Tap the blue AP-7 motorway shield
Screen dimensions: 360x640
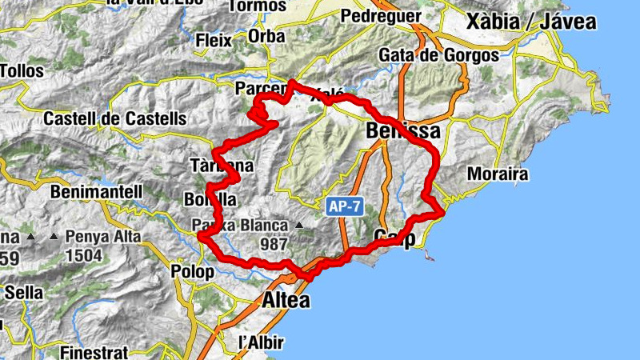(346, 206)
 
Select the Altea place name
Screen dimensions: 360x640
(286, 301)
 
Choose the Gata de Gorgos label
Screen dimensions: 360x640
(438, 55)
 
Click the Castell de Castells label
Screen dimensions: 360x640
(114, 118)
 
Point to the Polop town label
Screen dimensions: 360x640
(193, 272)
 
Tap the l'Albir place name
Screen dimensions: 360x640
(262, 342)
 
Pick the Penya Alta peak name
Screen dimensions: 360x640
(103, 237)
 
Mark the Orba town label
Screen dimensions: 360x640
(266, 38)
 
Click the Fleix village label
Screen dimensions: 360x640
(214, 39)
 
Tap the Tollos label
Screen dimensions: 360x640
(22, 71)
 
